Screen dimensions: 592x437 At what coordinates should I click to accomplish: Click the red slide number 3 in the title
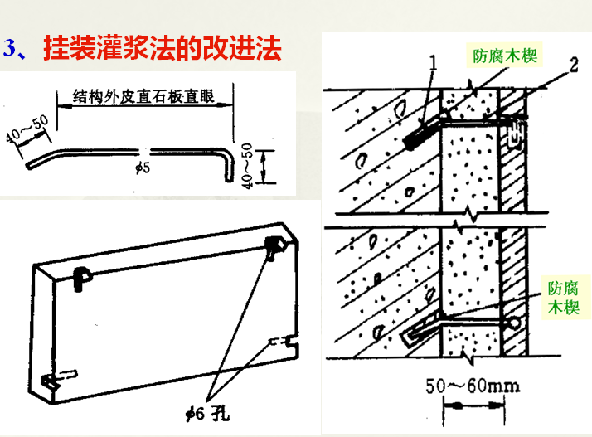tap(11, 49)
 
